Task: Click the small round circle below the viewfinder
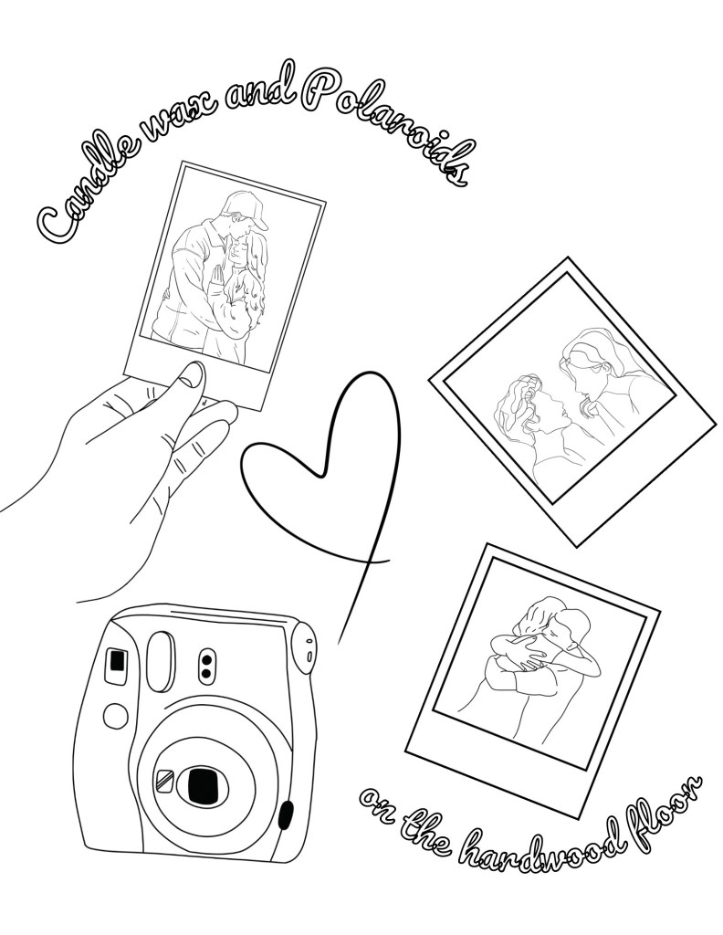point(116,713)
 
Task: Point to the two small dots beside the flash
point(205,666)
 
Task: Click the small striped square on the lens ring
point(164,779)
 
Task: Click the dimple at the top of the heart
point(322,472)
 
